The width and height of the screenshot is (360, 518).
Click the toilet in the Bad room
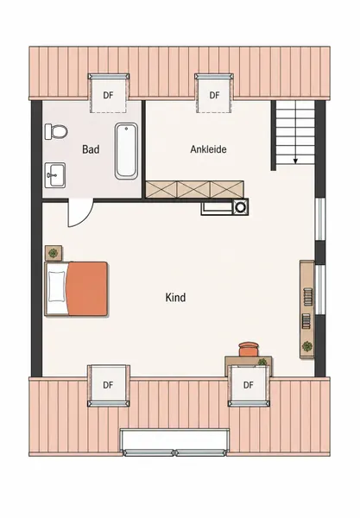56,131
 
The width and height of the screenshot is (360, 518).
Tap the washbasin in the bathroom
55,175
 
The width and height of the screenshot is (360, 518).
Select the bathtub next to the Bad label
126,150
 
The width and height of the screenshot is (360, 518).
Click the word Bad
91,149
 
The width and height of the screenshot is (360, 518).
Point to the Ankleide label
208,149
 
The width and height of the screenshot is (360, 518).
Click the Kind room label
175,297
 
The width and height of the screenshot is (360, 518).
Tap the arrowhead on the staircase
295,161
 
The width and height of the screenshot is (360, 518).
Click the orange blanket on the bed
87,288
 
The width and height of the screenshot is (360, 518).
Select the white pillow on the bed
56,287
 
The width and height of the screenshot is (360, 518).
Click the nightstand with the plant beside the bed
54,253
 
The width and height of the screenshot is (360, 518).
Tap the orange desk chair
249,349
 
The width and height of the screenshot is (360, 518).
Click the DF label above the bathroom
108,96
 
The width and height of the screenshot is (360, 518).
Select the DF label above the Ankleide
214,96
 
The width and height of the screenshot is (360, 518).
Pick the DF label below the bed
108,385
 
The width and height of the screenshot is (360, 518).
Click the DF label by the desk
249,385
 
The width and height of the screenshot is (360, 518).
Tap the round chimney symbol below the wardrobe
240,207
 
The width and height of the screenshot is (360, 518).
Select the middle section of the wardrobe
194,190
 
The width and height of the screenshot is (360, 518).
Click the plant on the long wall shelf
307,346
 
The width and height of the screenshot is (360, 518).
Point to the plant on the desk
262,362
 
